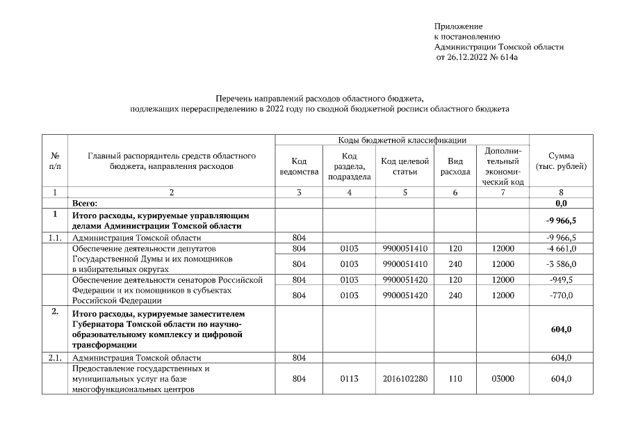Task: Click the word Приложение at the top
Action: (458, 26)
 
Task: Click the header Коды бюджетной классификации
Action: (402, 140)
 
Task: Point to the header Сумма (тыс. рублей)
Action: (561, 161)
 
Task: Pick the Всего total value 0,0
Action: (561, 202)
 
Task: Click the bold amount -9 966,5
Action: (559, 220)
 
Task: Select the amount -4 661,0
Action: (561, 248)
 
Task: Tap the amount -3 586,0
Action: (561, 264)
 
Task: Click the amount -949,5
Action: (561, 280)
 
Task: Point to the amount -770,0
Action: (561, 296)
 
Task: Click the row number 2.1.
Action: (54, 357)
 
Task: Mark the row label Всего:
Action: (85, 202)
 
